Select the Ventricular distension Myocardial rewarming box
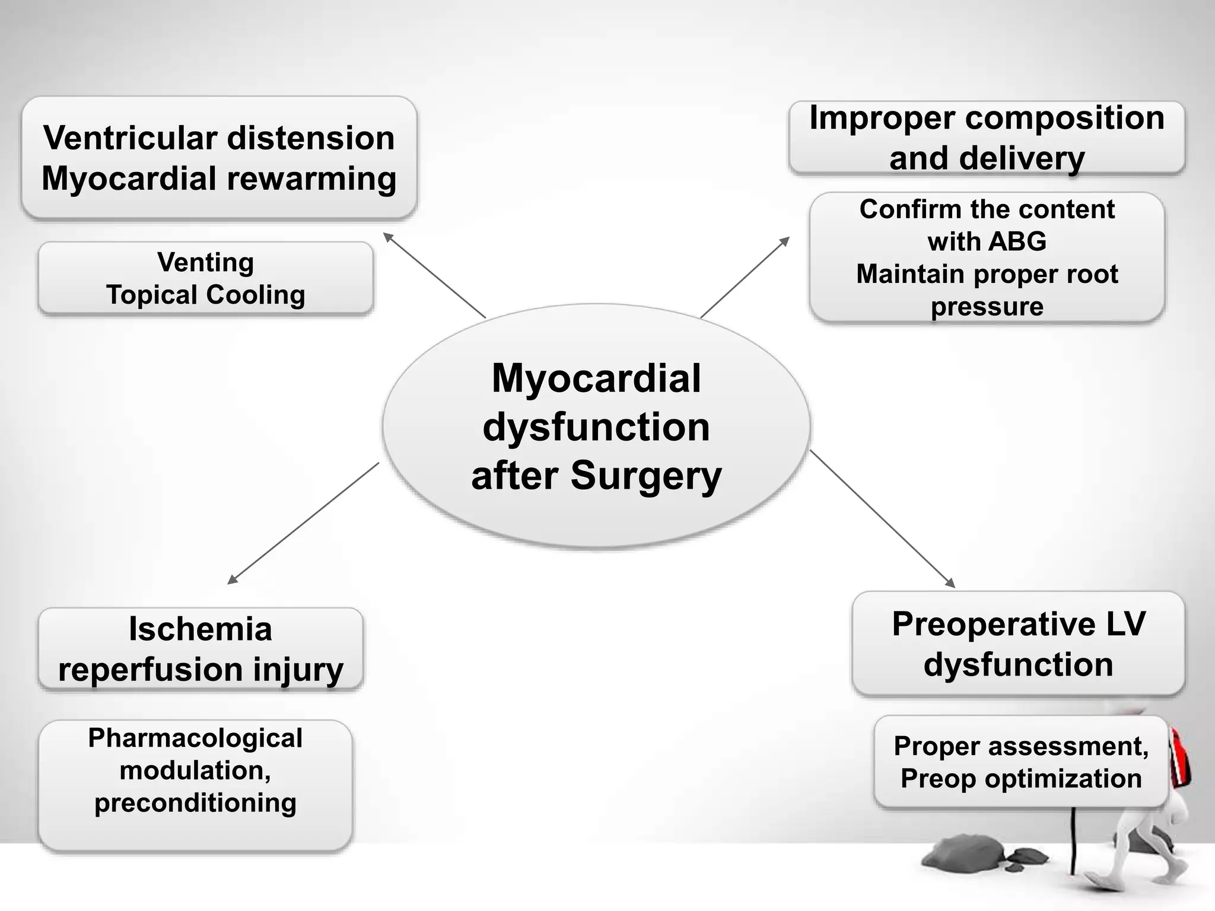coord(219,158)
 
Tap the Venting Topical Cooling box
coord(205,278)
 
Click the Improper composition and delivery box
coord(987,138)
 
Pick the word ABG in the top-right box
coord(1017,241)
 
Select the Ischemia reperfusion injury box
coord(201,649)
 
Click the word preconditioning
coord(195,802)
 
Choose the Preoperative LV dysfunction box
coord(1018,644)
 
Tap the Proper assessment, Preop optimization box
coord(1021,762)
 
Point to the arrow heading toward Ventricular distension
coord(434,275)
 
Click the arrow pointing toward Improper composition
coord(745,277)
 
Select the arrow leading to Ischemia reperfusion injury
coord(303,523)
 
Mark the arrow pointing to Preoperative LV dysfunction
coord(882,518)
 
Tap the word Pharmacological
coord(195,738)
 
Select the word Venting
coord(205,262)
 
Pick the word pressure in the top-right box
coord(987,307)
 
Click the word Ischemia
coord(201,629)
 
